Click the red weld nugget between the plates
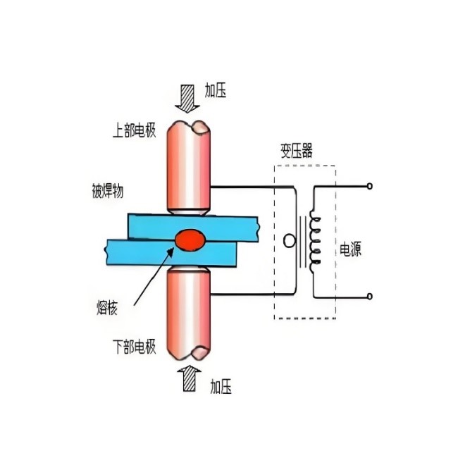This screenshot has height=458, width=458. (x=188, y=240)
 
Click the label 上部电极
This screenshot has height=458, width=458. (x=133, y=132)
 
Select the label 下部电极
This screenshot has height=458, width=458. (x=133, y=347)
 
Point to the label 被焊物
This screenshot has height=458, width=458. (x=112, y=192)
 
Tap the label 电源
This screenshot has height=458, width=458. (x=350, y=249)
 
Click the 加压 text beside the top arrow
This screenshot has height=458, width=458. (x=215, y=91)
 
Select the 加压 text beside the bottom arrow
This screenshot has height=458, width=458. (x=220, y=386)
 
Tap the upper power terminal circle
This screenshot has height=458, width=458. (x=370, y=187)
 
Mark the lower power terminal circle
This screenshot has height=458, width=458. (x=370, y=297)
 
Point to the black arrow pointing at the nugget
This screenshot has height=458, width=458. (x=152, y=278)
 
